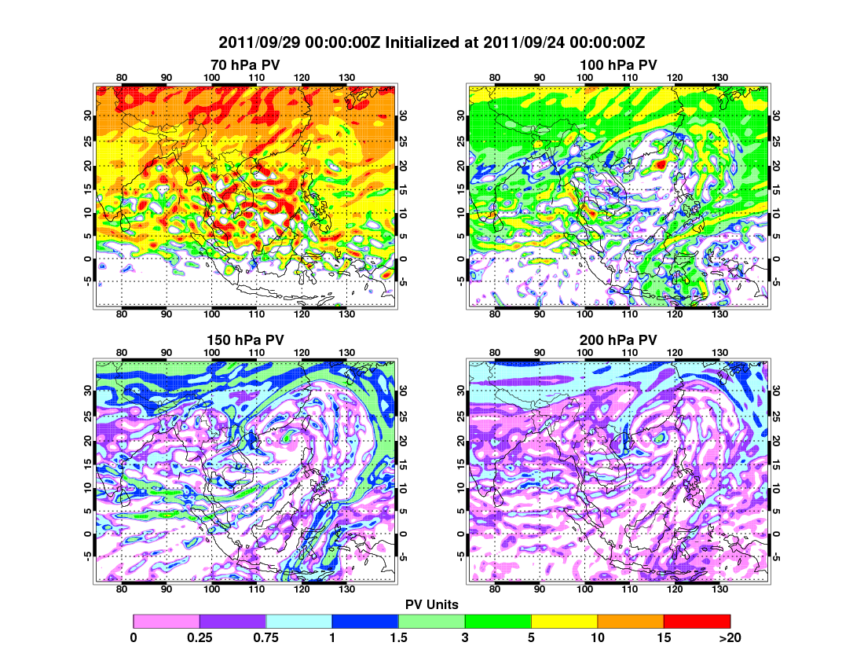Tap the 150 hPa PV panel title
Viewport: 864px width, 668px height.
click(x=245, y=340)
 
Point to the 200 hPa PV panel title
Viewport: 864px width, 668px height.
click(x=618, y=340)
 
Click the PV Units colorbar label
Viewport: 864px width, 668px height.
click(x=431, y=604)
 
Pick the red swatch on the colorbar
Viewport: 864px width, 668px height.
click(x=697, y=622)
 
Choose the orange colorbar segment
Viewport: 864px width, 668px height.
click(x=631, y=622)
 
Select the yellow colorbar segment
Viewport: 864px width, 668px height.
click(x=564, y=622)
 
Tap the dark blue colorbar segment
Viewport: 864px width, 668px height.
click(x=365, y=622)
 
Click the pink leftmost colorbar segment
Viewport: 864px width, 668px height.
click(x=167, y=622)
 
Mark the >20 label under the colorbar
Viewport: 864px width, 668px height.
click(x=730, y=638)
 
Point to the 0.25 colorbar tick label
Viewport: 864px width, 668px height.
click(x=200, y=638)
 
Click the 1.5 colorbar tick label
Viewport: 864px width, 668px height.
click(x=398, y=638)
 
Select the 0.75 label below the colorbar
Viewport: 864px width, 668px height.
click(x=266, y=638)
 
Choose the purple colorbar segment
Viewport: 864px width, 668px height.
click(x=232, y=622)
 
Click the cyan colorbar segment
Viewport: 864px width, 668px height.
click(x=299, y=622)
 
